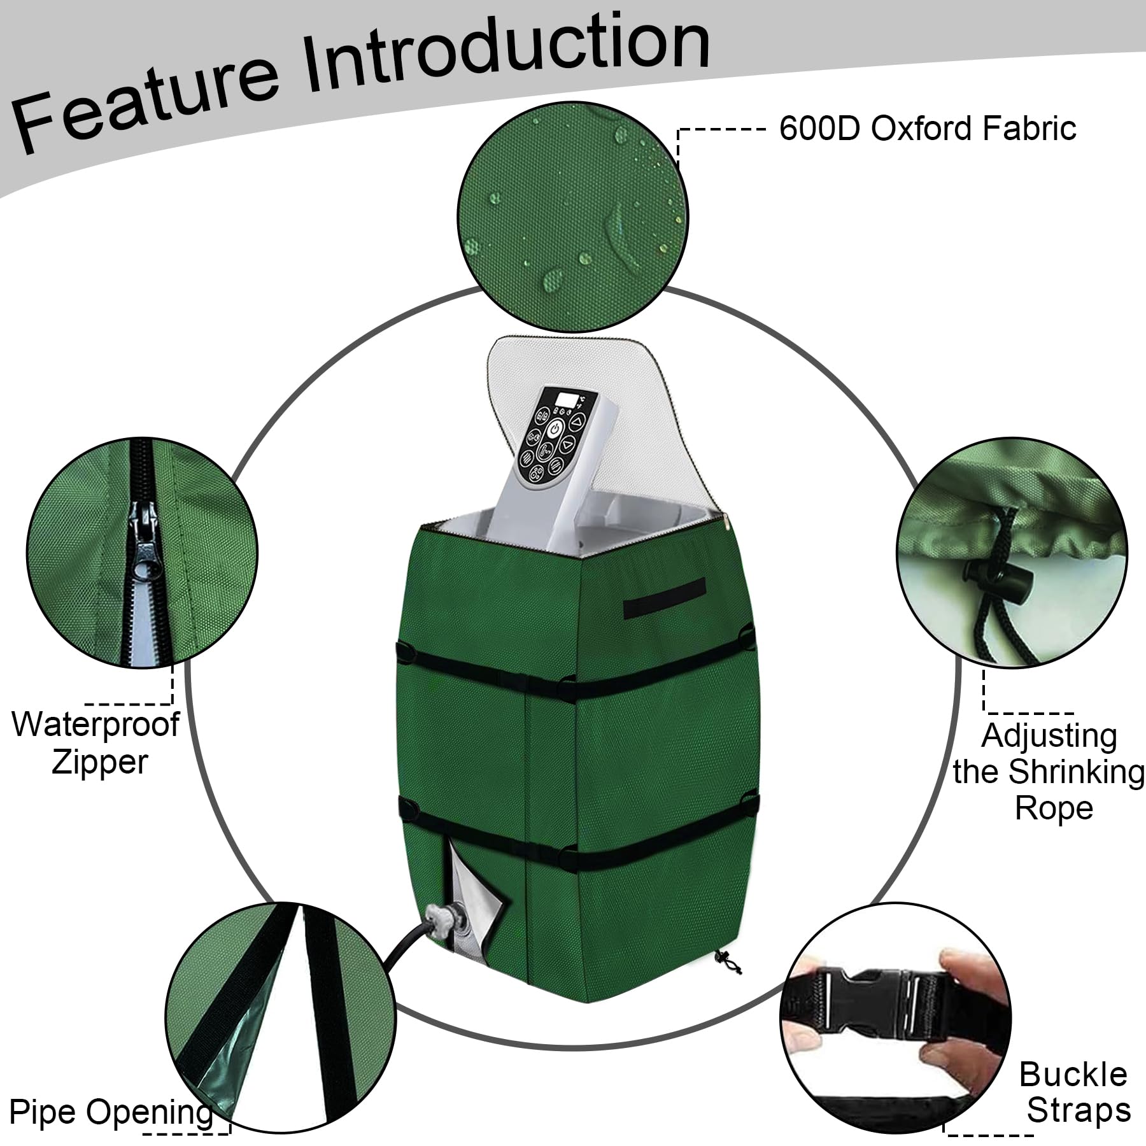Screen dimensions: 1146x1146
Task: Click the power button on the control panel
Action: point(555,427)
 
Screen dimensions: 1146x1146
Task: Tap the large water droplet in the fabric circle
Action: point(551,278)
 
